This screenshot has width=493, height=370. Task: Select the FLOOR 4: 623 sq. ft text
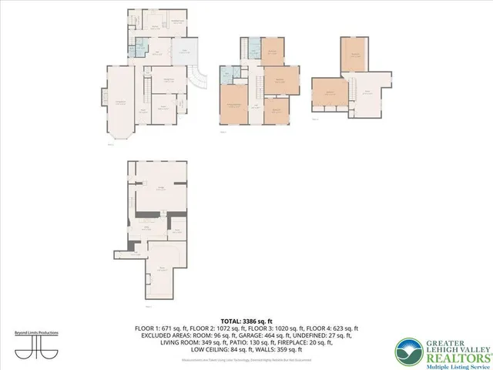click(x=336, y=328)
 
